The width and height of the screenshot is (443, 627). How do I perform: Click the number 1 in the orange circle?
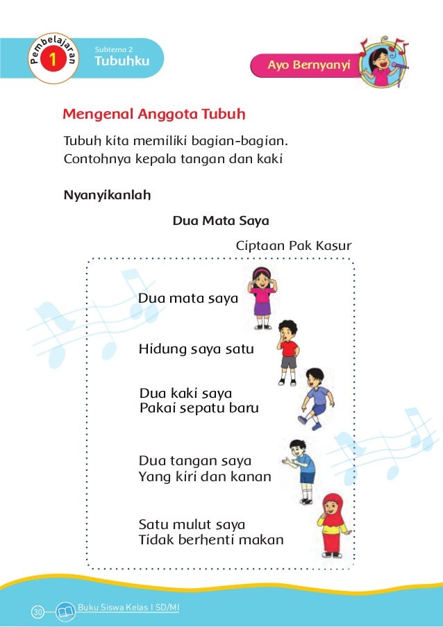(x=51, y=61)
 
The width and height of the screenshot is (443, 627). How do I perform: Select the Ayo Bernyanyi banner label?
(x=310, y=65)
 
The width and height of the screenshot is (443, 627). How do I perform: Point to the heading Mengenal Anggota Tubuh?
(x=156, y=113)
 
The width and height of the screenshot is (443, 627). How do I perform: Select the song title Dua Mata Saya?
(x=220, y=221)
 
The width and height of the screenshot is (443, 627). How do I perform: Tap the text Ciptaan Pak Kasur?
(x=294, y=246)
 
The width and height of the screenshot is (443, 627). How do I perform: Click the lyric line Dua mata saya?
(x=188, y=299)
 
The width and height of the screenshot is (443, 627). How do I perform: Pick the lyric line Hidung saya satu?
(x=197, y=349)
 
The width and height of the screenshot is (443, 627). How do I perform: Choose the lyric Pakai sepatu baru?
(x=199, y=408)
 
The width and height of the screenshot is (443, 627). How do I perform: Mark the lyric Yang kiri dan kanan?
(x=205, y=477)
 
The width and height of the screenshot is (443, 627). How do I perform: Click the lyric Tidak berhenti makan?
(x=211, y=540)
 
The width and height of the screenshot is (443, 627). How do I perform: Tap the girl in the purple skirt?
(x=262, y=297)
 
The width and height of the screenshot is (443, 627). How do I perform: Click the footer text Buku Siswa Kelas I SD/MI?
(x=129, y=608)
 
